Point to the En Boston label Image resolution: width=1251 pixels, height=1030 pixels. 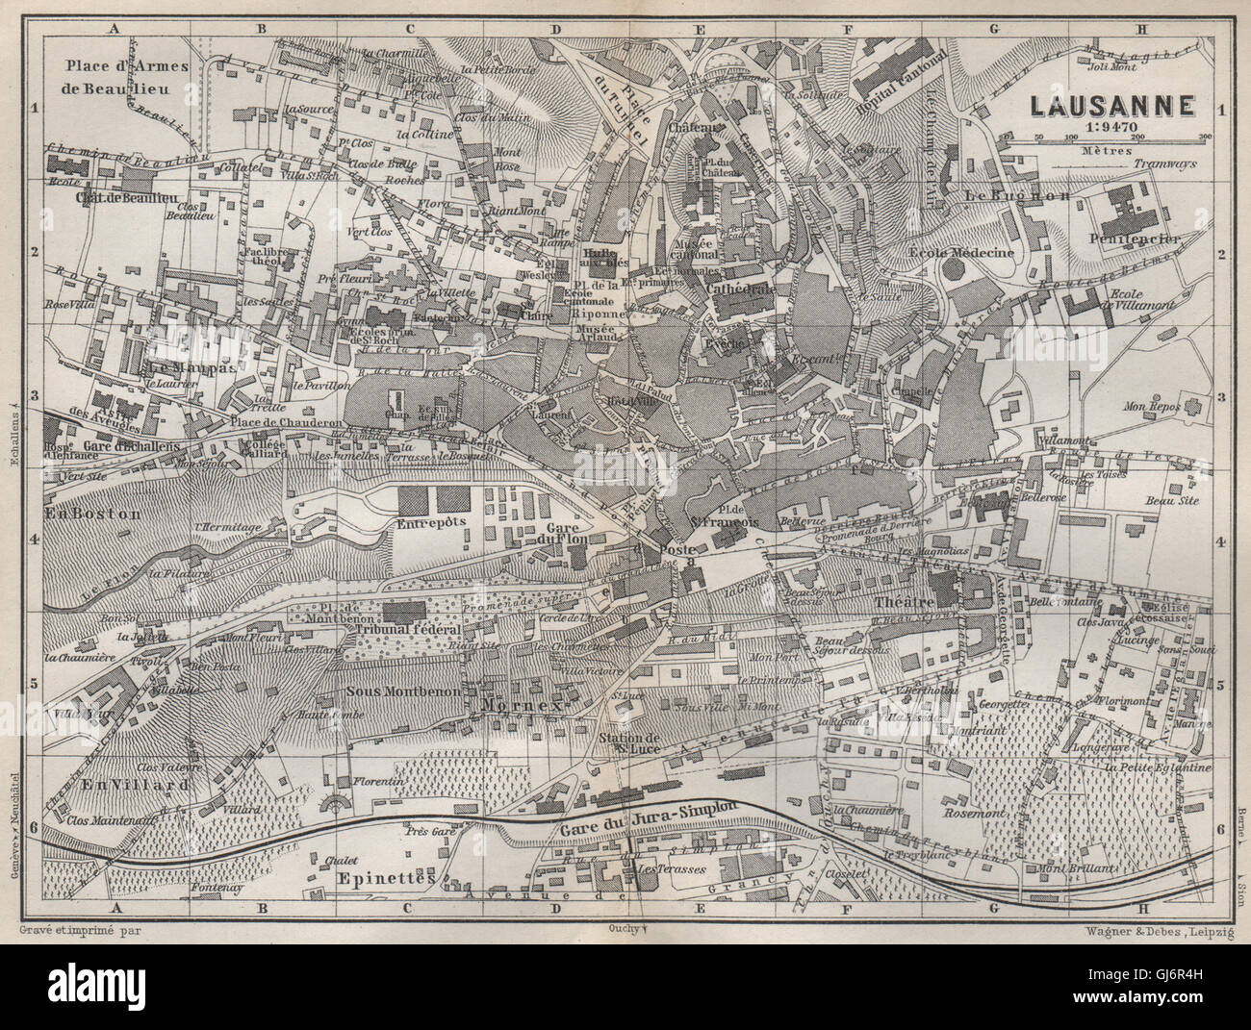click(x=92, y=513)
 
